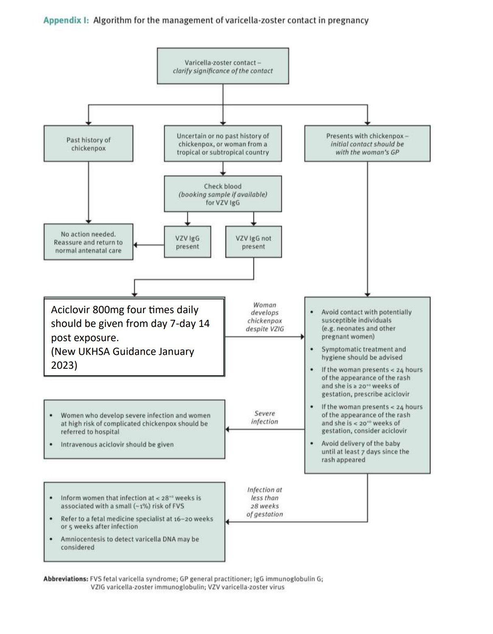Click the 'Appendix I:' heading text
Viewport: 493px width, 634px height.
click(x=66, y=20)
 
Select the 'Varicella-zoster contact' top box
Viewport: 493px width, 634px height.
click(x=223, y=66)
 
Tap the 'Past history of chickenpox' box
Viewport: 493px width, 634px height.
click(x=88, y=144)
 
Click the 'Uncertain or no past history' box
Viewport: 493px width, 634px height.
click(x=223, y=144)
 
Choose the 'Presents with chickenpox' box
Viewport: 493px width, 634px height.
click(x=367, y=144)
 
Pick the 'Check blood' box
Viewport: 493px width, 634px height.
click(x=223, y=194)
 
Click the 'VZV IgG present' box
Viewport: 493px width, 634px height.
click(x=187, y=242)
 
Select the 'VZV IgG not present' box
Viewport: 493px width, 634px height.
click(x=253, y=242)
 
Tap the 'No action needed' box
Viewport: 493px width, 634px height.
click(x=88, y=242)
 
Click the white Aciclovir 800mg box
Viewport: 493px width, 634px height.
click(x=134, y=337)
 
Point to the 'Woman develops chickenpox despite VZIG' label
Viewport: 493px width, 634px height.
click(x=265, y=316)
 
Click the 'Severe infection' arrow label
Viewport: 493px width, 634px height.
click(x=265, y=417)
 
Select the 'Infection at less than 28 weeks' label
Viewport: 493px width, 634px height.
click(x=265, y=502)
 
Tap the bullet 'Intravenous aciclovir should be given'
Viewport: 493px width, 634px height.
click(x=117, y=445)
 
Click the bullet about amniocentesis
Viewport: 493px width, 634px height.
click(x=130, y=543)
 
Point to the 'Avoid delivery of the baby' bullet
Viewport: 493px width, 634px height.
click(x=365, y=451)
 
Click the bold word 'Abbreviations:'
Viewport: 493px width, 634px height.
click(x=66, y=579)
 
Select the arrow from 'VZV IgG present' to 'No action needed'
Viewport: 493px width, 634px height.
click(x=148, y=245)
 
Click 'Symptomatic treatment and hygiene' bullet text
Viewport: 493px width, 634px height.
click(x=363, y=353)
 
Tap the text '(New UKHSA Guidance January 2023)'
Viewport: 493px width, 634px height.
click(x=122, y=358)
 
